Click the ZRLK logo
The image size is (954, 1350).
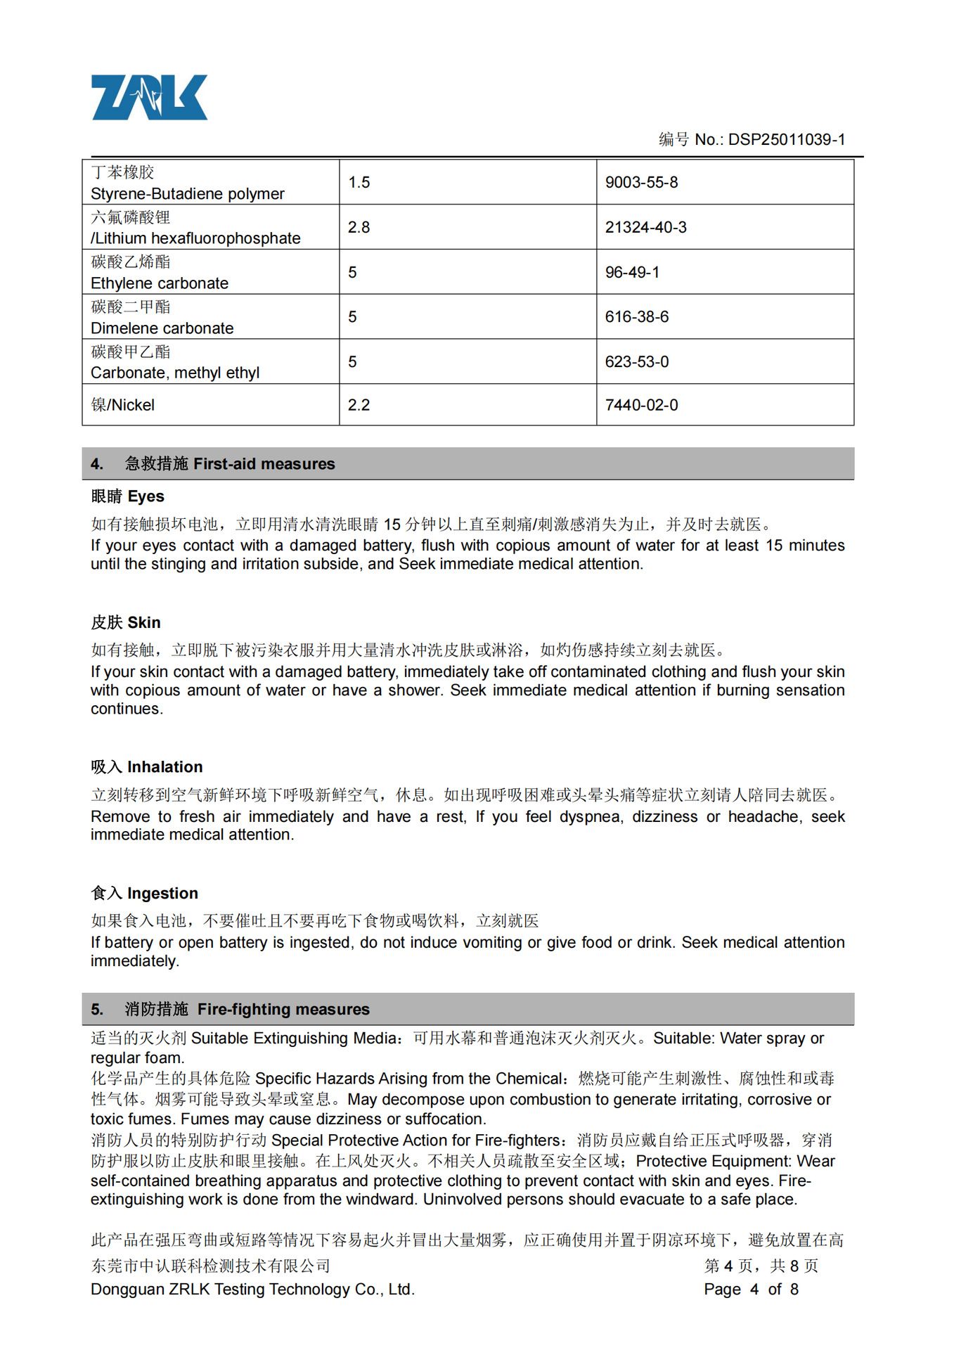(149, 97)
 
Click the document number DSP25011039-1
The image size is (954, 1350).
(786, 139)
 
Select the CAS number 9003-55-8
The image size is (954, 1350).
(641, 183)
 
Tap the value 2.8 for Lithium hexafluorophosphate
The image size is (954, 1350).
(359, 227)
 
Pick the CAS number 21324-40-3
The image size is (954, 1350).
(645, 227)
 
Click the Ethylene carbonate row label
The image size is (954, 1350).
(160, 283)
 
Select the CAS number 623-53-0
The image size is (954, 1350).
(636, 361)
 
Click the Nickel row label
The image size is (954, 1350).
(123, 405)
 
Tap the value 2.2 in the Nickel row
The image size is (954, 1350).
(359, 405)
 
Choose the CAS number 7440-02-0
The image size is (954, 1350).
(641, 405)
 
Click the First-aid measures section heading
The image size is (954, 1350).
(229, 464)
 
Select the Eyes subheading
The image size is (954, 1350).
(128, 496)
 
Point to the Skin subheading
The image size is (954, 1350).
(126, 622)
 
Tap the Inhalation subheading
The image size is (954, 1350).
(147, 766)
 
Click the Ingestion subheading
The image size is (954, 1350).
(145, 893)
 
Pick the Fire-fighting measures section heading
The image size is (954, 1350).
(247, 1009)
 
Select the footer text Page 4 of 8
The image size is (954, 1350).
(751, 1289)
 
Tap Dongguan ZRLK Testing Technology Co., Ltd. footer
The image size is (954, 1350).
(252, 1289)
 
